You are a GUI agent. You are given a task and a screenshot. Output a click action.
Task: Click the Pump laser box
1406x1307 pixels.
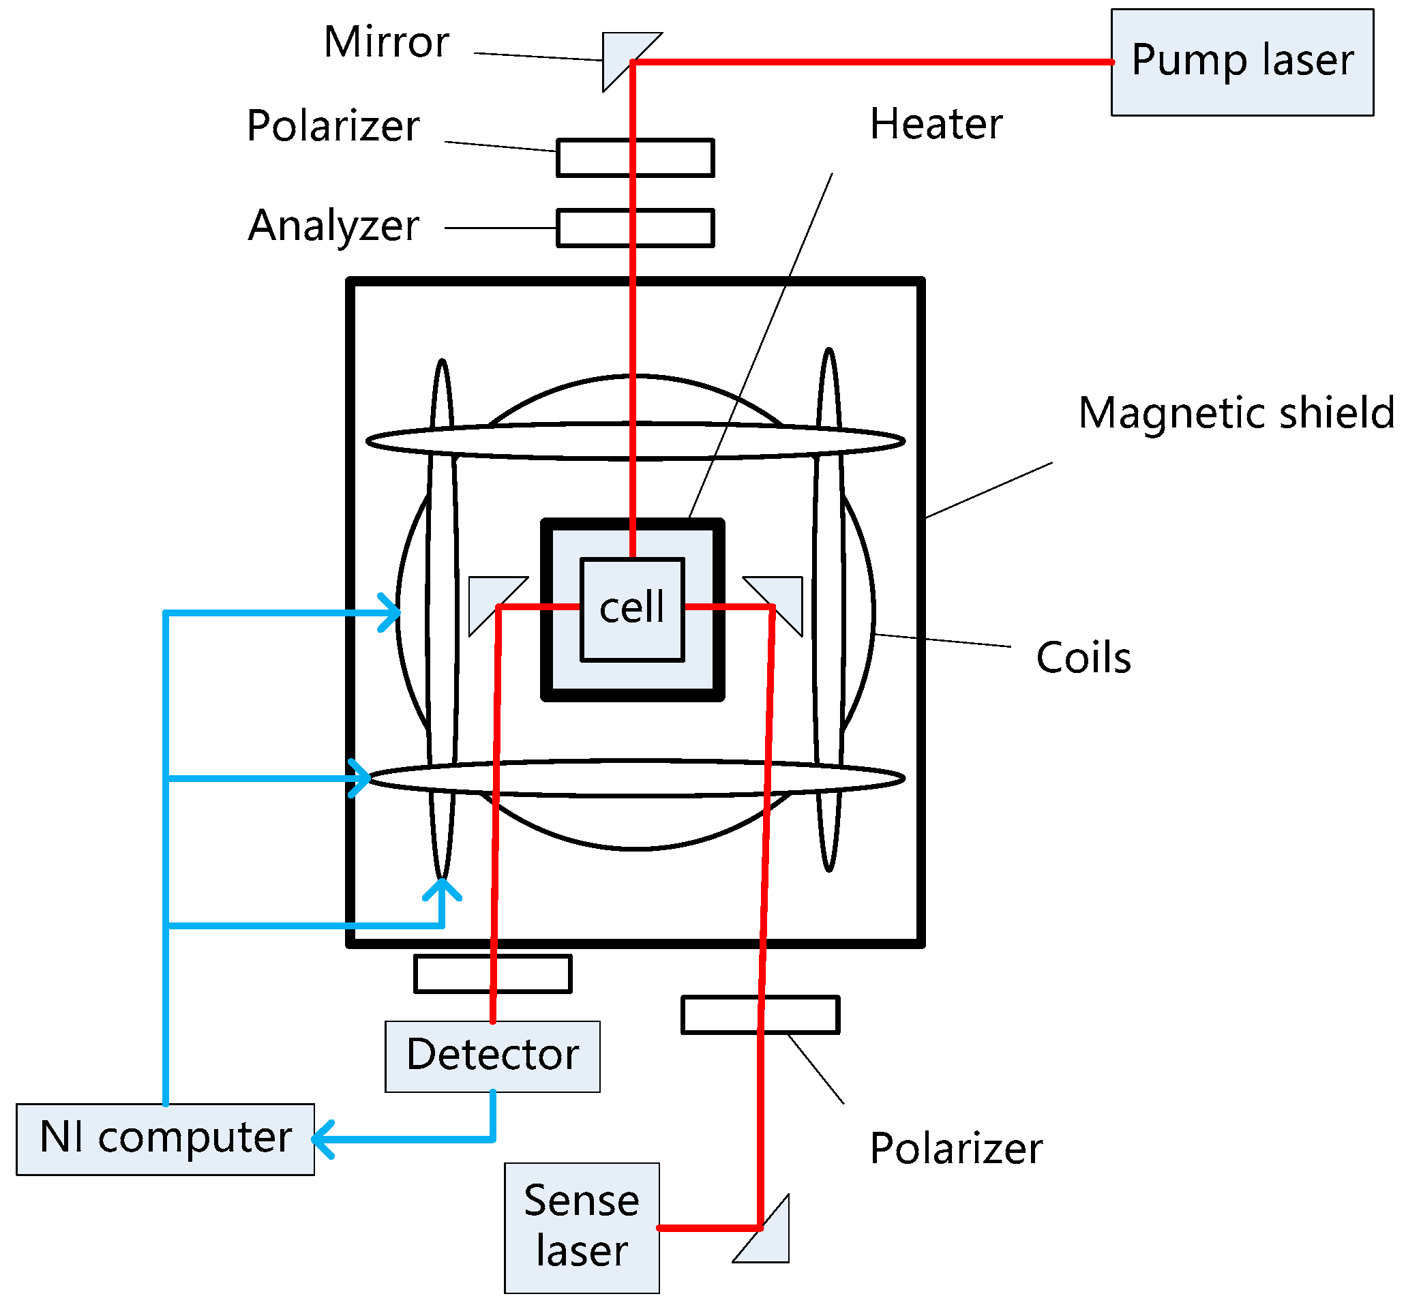pyautogui.click(x=1242, y=62)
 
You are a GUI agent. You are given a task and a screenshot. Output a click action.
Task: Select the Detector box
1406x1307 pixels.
pyautogui.click(x=492, y=1057)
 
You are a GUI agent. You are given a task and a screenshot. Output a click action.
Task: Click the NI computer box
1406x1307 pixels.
pyautogui.click(x=165, y=1139)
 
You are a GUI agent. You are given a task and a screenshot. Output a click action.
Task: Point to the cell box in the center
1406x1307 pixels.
pyautogui.click(x=631, y=610)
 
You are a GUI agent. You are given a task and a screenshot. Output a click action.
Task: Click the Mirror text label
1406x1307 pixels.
pyautogui.click(x=386, y=42)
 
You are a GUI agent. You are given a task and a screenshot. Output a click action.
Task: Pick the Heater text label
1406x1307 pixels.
pyautogui.click(x=935, y=125)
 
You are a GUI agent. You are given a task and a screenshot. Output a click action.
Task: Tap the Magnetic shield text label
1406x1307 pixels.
pyautogui.click(x=1235, y=413)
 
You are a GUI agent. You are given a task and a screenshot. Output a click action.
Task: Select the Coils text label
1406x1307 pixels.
pyautogui.click(x=1083, y=658)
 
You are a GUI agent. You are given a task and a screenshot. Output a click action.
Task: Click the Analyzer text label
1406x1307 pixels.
pyautogui.click(x=333, y=226)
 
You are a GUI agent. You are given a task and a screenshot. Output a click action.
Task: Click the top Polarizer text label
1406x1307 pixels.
pyautogui.click(x=333, y=127)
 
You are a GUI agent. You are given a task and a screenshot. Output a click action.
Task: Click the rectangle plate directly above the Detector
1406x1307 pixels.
pyautogui.click(x=492, y=974)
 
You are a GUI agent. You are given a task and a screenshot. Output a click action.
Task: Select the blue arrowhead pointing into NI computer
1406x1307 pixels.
pyautogui.click(x=323, y=1139)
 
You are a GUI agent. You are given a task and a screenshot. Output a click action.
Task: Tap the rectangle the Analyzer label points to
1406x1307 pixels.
pyautogui.click(x=634, y=228)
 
